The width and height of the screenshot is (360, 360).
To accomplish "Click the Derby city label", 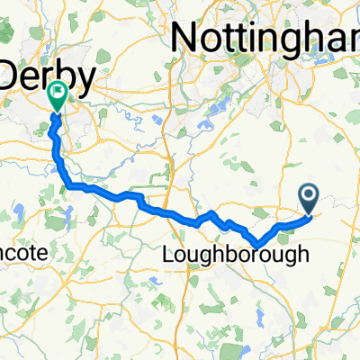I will [45, 76].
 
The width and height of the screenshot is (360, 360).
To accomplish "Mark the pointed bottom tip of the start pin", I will [309, 213].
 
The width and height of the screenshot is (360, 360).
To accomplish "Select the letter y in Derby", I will [83, 79].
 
